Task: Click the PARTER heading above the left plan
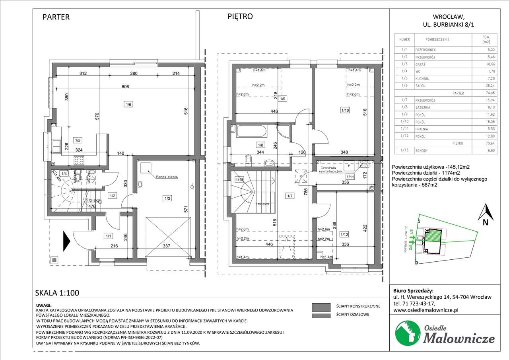pos(56,17)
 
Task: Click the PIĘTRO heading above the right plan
pos(240,16)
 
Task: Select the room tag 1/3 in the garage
pos(166,198)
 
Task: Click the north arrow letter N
pos(485,223)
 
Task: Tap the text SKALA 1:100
pos(57,293)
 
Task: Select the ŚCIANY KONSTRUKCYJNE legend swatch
pos(321,306)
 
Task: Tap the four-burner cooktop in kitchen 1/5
pos(78,161)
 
